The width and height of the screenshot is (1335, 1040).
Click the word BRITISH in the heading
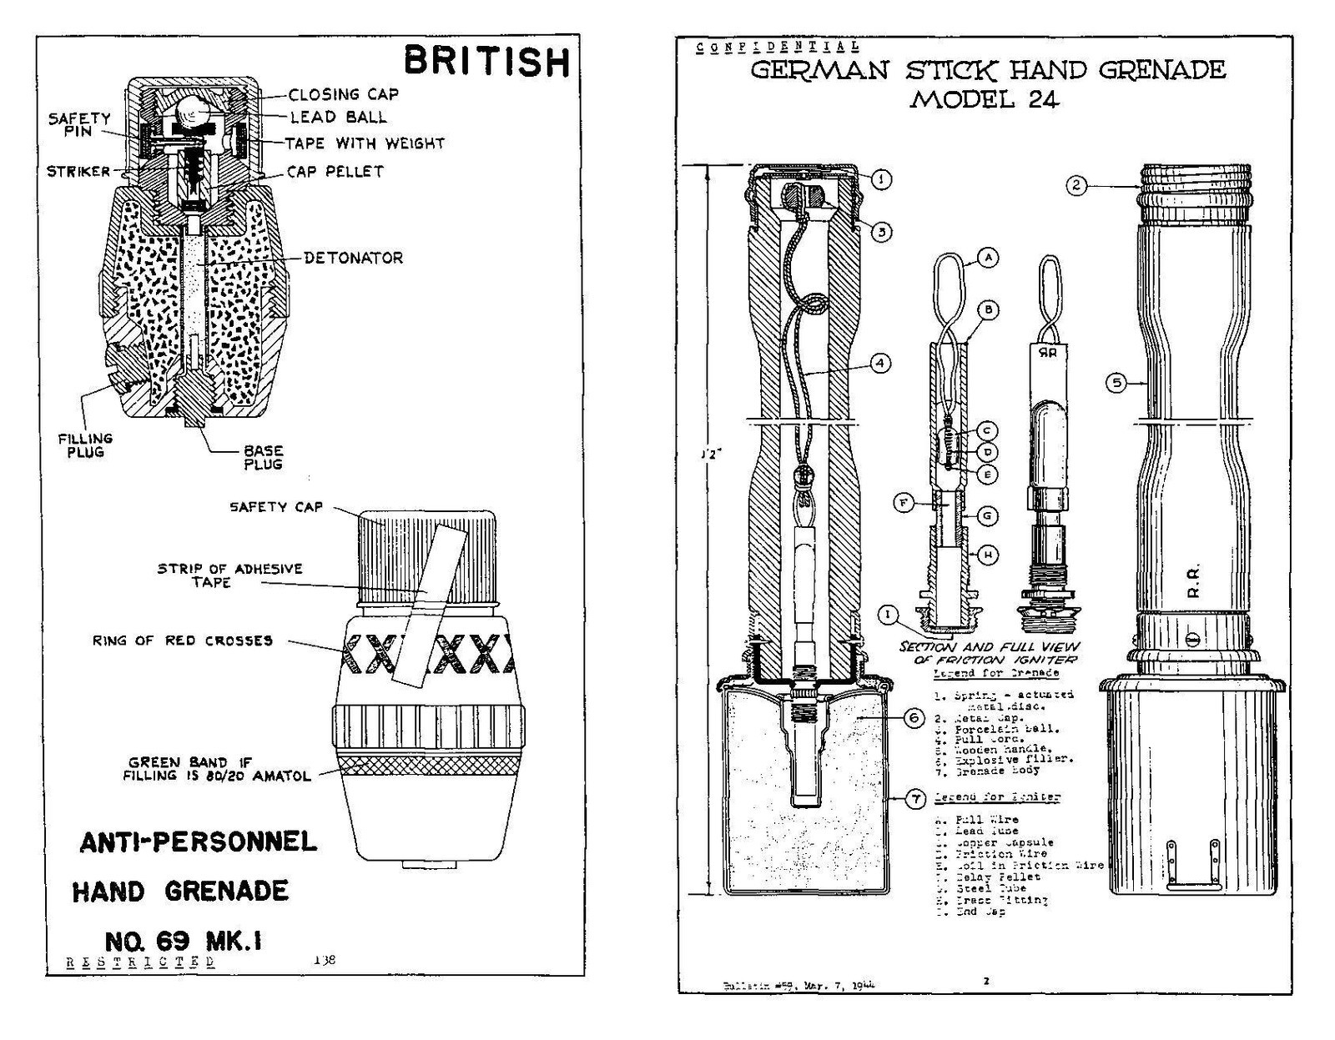(487, 62)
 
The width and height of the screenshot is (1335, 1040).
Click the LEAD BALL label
(338, 118)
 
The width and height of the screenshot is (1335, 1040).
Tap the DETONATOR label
(353, 258)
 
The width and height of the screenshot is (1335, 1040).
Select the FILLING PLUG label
(85, 445)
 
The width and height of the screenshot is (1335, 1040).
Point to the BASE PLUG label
(263, 457)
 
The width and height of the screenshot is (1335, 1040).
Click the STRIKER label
(78, 172)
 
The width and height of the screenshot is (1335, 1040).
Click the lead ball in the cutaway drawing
(194, 110)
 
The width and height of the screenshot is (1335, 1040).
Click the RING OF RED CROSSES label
(182, 641)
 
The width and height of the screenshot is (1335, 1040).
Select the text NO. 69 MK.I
(183, 941)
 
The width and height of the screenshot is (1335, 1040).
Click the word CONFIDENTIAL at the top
(777, 48)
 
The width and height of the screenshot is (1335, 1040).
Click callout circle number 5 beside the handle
(1116, 383)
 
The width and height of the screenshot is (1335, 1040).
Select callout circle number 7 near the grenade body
(916, 799)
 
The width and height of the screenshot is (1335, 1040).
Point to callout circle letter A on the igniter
(988, 258)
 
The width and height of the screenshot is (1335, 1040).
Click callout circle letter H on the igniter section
(988, 555)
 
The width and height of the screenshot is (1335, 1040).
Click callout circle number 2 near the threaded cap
(1076, 185)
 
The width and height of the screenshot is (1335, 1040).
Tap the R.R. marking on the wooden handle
(1193, 581)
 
